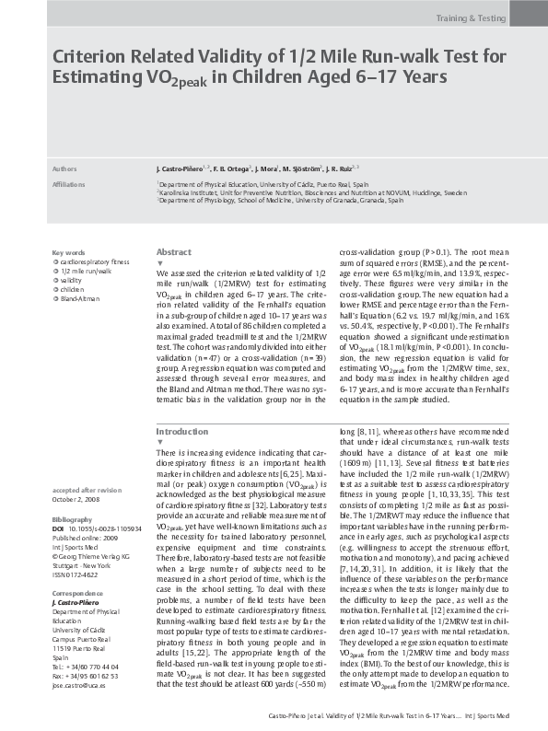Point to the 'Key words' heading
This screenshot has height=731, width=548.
click(69, 252)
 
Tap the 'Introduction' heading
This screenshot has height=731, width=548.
click(181, 431)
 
